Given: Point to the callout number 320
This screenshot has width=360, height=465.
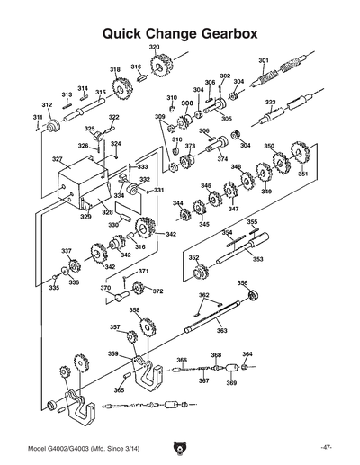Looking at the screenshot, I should tap(154, 46).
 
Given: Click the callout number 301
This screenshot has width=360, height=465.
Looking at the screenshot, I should tap(264, 60).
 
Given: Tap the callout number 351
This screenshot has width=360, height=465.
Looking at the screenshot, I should tap(303, 174).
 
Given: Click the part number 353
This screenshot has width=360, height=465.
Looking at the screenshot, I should tap(257, 259).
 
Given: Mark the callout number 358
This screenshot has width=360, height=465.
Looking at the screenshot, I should tap(134, 310).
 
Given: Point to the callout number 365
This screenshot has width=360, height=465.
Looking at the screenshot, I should tap(119, 390).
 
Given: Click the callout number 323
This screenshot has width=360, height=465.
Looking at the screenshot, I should tap(270, 103).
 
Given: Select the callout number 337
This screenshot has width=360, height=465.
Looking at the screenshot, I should tap(66, 250).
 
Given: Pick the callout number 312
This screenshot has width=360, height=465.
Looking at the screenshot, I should tap(47, 105).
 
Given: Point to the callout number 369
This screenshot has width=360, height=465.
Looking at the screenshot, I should tap(231, 383).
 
